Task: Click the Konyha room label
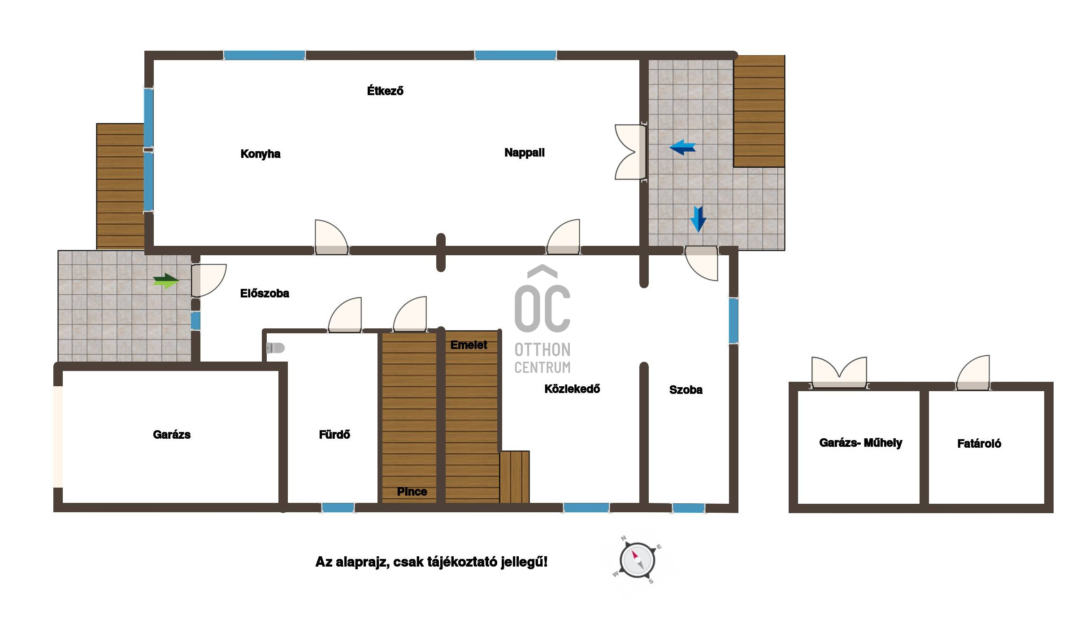coord(260,154)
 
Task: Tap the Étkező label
coord(385,91)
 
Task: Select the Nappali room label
coord(524,153)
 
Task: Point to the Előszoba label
coord(265,293)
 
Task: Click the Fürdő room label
coord(334,434)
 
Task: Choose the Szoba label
coord(686,390)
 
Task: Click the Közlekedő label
coord(572,389)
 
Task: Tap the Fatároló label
coord(979,444)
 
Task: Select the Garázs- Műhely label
coord(860,443)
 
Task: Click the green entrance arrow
coord(166,281)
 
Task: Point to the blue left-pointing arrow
coord(682,147)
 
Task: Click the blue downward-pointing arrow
coord(698,219)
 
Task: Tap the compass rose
coord(637,560)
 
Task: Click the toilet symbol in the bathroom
coord(275,348)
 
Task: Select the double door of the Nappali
coord(630,152)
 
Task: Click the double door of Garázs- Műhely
coord(839,372)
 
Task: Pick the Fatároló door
coord(973,372)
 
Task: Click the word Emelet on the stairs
coord(469,345)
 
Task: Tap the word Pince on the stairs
coord(412,492)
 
